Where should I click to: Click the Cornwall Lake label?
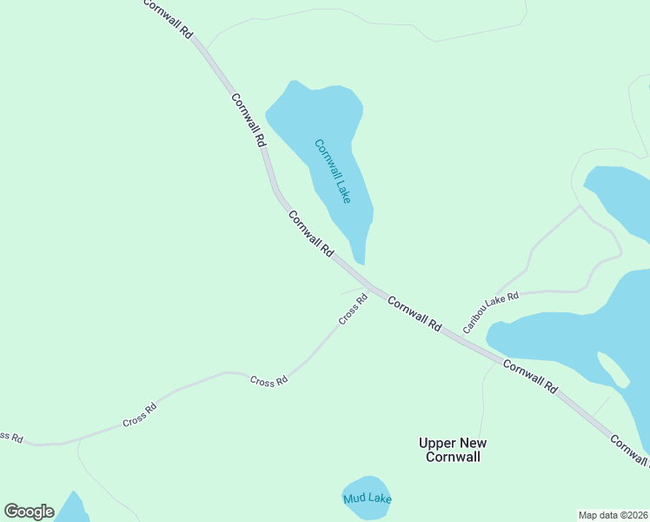coord(333,171)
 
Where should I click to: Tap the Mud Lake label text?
coord(367,499)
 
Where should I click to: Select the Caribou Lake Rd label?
coord(490,313)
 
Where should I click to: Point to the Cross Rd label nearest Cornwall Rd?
coord(353,309)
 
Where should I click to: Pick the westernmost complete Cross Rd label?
coord(139,415)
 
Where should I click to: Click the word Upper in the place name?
coord(437,443)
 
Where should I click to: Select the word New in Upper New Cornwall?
coord(471,443)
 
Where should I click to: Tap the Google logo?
coord(29,512)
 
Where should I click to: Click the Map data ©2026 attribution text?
coord(613,514)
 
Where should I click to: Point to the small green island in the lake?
coord(614,371)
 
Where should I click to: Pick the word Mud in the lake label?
coord(354,499)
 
